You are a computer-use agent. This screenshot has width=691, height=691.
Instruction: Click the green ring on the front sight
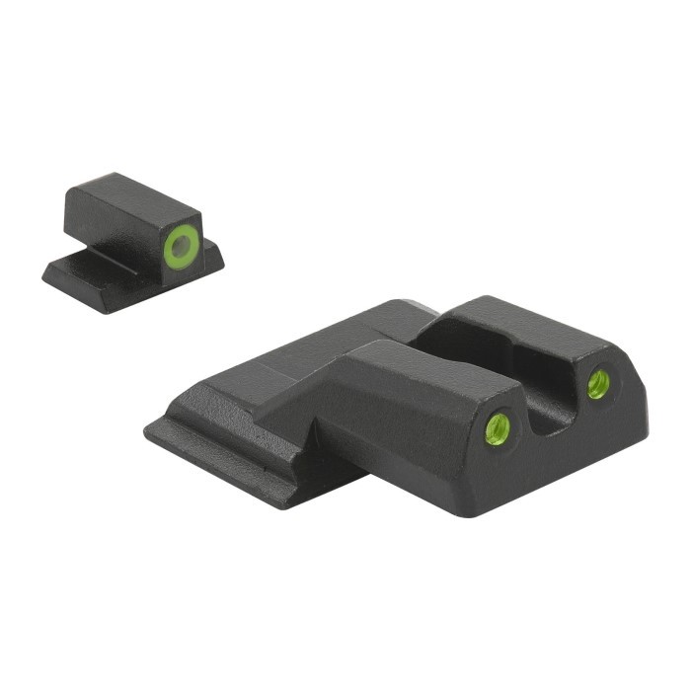169,246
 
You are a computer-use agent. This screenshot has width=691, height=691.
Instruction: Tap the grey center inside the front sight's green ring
182,246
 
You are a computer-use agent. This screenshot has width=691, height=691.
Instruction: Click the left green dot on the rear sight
499,427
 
